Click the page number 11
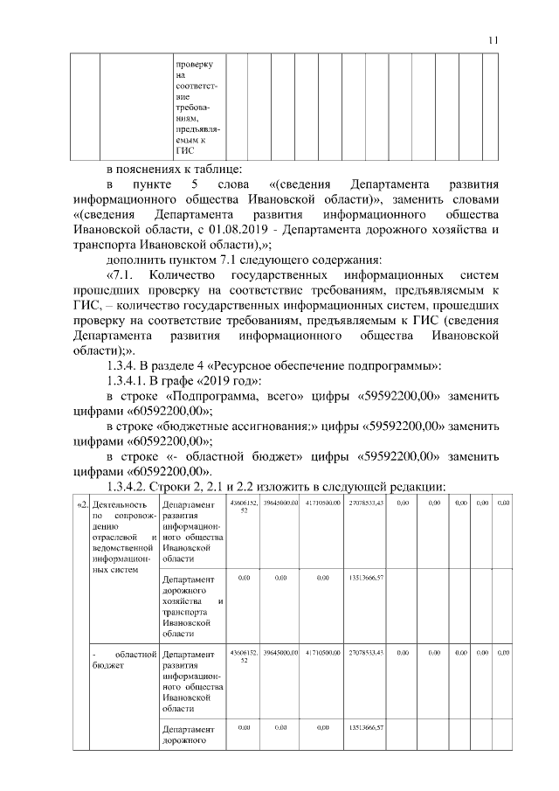(493, 38)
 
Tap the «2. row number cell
(81, 505)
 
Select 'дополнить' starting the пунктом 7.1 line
(137, 260)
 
